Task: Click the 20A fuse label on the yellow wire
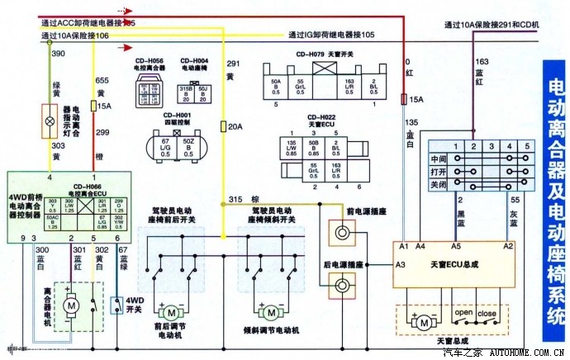[235, 126]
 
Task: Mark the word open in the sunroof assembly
[463, 313]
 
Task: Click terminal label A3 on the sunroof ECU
[401, 264]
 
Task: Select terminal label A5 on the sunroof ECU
[456, 246]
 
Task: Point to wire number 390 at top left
[58, 53]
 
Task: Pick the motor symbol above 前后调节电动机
[171, 312]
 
